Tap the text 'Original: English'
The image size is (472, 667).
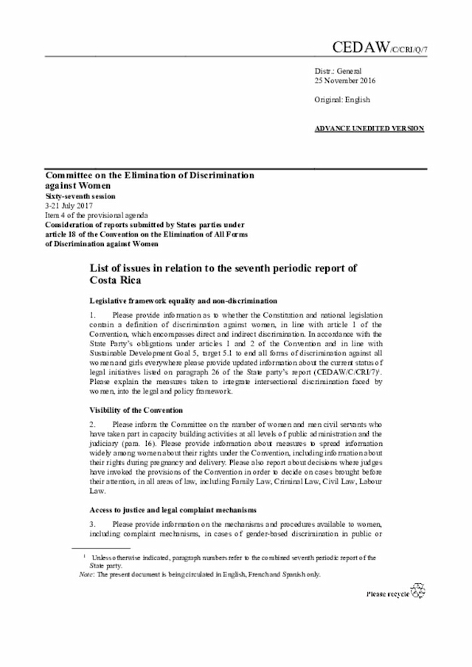click(342, 99)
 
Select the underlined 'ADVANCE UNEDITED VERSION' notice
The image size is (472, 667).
click(369, 128)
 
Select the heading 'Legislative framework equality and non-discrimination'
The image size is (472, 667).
click(183, 301)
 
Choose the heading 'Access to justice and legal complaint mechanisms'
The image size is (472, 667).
click(173, 509)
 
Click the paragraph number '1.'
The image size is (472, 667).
click(93, 315)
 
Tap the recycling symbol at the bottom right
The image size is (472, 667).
click(418, 591)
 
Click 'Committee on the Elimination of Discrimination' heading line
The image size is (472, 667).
click(150, 176)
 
